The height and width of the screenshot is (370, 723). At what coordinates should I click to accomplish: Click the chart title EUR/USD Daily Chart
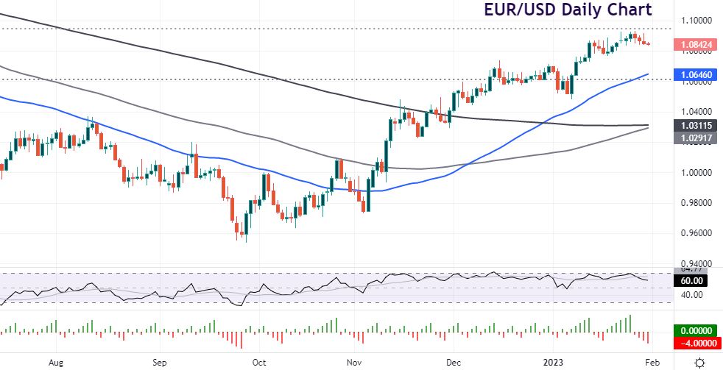567,10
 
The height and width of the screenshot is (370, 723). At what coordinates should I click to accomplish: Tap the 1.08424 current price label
696,45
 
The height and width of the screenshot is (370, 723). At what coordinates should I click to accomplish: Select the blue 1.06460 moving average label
696,74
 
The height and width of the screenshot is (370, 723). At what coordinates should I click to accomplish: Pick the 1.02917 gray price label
696,138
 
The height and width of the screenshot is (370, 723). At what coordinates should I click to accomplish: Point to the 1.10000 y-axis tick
696,21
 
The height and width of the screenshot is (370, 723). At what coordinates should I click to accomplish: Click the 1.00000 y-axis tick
696,173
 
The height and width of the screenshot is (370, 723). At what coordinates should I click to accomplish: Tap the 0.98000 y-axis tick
696,203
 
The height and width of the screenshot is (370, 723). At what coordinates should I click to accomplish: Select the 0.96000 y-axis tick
696,233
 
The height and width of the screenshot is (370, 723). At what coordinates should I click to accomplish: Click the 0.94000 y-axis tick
696,263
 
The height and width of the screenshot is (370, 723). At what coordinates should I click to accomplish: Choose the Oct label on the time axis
258,363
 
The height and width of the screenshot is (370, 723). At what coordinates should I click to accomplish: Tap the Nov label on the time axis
354,363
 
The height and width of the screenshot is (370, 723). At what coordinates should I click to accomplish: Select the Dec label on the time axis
454,363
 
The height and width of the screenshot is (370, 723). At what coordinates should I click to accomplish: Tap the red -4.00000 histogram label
696,343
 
